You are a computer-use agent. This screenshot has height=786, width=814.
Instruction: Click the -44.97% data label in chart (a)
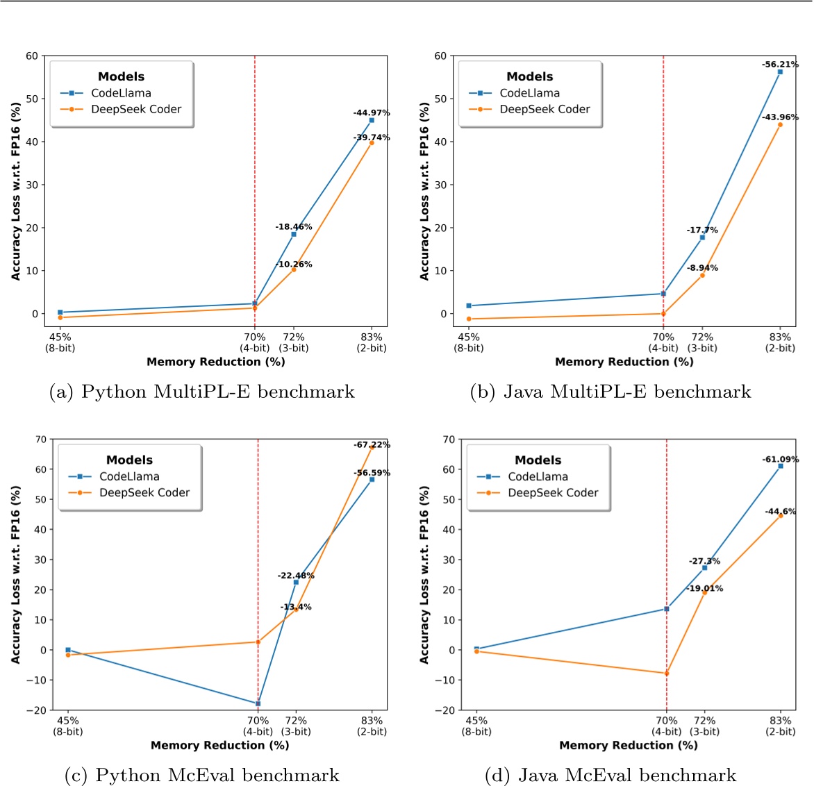point(372,112)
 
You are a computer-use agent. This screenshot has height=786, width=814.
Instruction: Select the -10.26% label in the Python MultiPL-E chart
point(294,264)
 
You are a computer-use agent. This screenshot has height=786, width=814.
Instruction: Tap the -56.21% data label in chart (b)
point(780,65)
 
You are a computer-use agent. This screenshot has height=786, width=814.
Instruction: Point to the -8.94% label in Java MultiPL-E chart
point(702,267)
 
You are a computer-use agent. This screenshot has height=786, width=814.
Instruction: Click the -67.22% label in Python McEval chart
point(372,444)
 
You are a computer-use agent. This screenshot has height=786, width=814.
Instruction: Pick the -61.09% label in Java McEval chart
point(781,459)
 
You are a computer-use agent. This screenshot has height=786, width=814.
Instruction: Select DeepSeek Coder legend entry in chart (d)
point(553,492)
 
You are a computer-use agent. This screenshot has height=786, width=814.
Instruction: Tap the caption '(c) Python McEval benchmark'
point(201,775)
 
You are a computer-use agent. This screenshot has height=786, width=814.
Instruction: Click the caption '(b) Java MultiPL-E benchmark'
point(610,392)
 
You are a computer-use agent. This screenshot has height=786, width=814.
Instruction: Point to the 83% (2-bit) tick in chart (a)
point(372,342)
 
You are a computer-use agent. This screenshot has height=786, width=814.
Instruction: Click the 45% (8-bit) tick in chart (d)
point(476,726)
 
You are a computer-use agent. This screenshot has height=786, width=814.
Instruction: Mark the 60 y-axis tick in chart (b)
point(440,56)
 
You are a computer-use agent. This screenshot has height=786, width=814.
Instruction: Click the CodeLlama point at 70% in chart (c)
point(258,703)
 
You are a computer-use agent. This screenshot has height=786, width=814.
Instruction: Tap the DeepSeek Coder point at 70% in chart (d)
point(667,673)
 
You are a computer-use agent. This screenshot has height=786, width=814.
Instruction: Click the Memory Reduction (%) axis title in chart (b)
point(624,362)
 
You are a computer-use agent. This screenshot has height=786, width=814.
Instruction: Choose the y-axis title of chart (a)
point(16,192)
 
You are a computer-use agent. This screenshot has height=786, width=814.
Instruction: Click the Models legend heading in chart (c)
point(129,460)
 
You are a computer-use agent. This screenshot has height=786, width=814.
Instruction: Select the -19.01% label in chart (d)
point(705,588)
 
